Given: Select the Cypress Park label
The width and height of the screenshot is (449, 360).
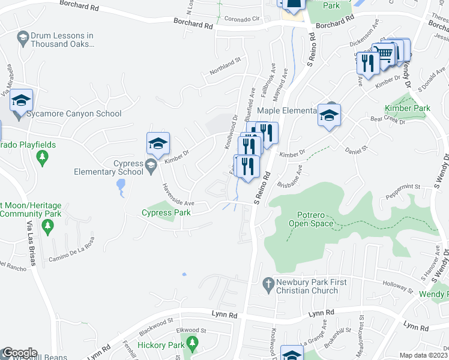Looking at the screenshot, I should pyautogui.click(x=165, y=213).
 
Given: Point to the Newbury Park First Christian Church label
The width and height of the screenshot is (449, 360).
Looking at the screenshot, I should pyautogui.click(x=312, y=286).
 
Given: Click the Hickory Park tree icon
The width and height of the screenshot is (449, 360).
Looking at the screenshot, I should pyautogui.click(x=192, y=344).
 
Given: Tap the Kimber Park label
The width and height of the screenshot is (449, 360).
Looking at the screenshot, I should pyautogui.click(x=412, y=109).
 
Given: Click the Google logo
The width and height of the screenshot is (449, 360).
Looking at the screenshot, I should pyautogui.click(x=19, y=353).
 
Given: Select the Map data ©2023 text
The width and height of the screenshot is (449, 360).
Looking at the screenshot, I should pyautogui.click(x=424, y=355).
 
